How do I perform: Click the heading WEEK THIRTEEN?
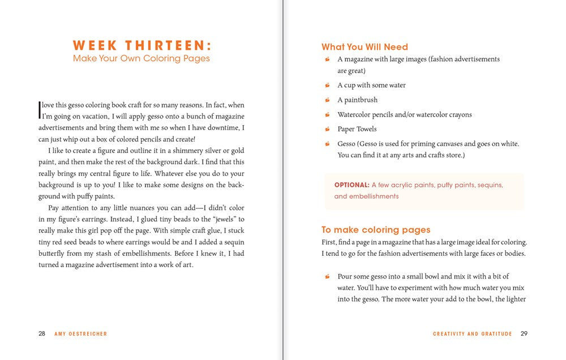[x=141, y=45]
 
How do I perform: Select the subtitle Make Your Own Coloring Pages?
[x=141, y=58]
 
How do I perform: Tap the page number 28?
[x=42, y=334]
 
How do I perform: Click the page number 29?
[x=524, y=334]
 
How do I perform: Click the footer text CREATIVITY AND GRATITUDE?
[x=472, y=334]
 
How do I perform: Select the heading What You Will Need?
[x=365, y=47]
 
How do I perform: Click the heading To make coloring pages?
[x=376, y=230]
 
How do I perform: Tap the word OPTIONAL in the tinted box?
[x=351, y=185]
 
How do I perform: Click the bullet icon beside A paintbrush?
[x=327, y=100]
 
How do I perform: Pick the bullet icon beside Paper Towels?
[x=327, y=129]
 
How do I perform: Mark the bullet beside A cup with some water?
[x=327, y=85]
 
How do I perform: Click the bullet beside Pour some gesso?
[x=327, y=276]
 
